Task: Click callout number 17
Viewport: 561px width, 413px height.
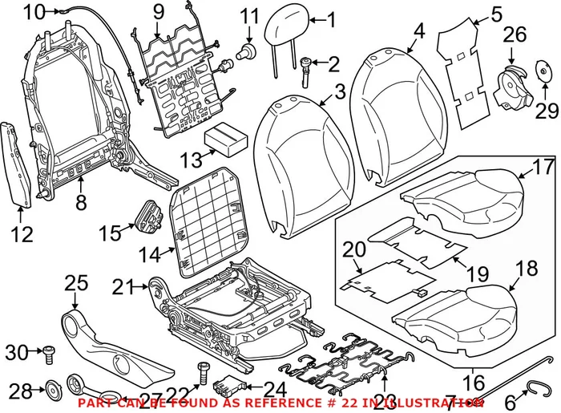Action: pyautogui.click(x=543, y=168)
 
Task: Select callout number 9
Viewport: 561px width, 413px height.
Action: pyautogui.click(x=158, y=12)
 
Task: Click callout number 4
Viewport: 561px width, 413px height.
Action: pyautogui.click(x=419, y=31)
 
